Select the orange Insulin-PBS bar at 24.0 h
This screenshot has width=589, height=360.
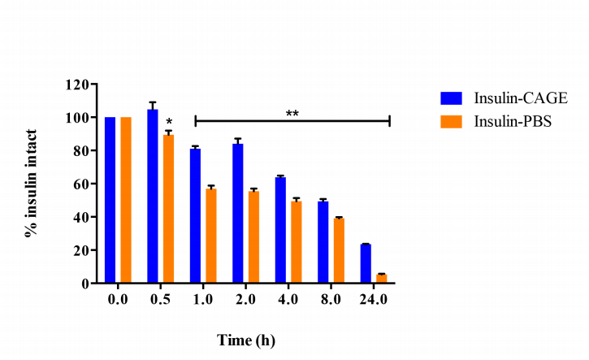tap(381, 279)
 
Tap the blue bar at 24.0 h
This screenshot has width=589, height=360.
tap(366, 263)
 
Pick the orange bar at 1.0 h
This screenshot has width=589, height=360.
tap(211, 236)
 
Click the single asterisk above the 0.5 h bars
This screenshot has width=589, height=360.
tap(169, 124)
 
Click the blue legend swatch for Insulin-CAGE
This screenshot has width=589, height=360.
tap(451, 98)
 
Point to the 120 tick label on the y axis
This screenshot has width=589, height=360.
tap(78, 85)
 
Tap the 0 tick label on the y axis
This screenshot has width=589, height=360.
tap(84, 284)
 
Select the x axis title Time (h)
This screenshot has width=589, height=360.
tap(246, 340)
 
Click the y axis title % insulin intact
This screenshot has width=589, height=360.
tap(32, 182)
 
